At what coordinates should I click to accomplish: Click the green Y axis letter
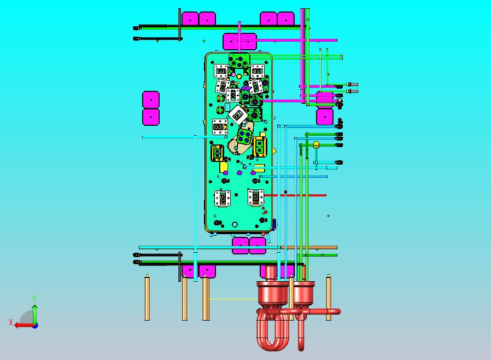click(x=34, y=298)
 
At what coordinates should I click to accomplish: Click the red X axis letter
click(x=11, y=322)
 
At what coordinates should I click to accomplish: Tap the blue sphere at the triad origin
click(x=36, y=326)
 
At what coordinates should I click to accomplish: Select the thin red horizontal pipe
click(x=295, y=195)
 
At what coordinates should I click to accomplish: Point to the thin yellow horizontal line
click(x=230, y=299)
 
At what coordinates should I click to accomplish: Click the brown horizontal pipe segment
click(x=309, y=247)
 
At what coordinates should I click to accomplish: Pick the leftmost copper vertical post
click(x=147, y=298)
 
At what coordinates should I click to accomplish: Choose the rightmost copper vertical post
click(x=329, y=298)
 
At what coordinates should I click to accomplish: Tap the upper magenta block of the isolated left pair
click(x=151, y=100)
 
